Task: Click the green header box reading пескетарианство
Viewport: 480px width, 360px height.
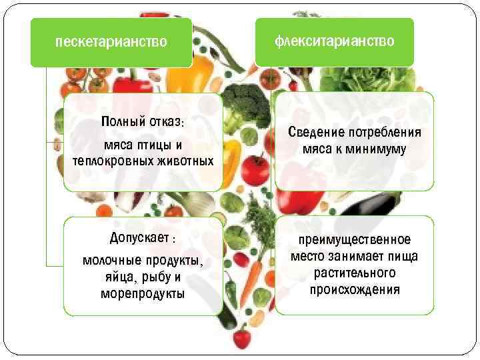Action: tap(111, 43)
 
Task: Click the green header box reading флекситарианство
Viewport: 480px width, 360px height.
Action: tap(334, 41)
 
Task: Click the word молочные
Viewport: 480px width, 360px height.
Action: tap(108, 261)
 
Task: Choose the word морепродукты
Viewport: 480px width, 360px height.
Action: tap(143, 293)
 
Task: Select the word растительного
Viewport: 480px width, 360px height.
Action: tap(354, 273)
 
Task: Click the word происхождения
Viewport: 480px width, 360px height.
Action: tap(354, 289)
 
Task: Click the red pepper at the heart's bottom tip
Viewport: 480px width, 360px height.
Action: tap(241, 336)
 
